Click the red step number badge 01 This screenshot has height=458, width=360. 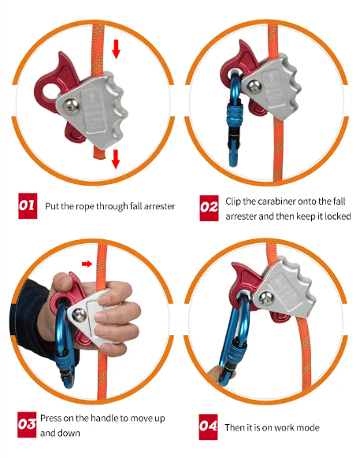(x=28, y=205)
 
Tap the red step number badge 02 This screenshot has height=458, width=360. (x=209, y=208)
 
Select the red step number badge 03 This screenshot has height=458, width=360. (x=27, y=425)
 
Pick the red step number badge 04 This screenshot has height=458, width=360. (x=208, y=427)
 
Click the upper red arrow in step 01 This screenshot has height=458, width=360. (x=116, y=49)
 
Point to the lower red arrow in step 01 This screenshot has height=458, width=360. (x=116, y=159)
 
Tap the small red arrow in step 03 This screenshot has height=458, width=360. (x=87, y=264)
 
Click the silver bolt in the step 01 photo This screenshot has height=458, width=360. (x=71, y=105)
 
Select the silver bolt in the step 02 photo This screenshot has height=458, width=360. (x=254, y=87)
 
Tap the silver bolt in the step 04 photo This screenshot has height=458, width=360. (x=266, y=298)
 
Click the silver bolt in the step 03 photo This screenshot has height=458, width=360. (x=80, y=316)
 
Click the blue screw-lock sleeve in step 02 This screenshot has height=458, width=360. (x=233, y=116)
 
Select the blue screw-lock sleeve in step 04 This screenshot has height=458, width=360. (x=232, y=357)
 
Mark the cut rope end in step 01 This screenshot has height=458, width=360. (x=99, y=156)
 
